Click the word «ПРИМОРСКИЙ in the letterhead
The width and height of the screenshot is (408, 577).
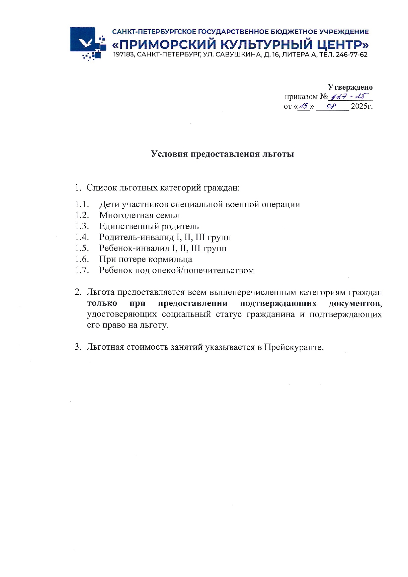pyautogui.click(x=164, y=44)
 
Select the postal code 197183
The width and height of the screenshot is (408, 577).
pyautogui.click(x=124, y=55)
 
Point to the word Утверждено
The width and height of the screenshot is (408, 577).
pyautogui.click(x=350, y=87)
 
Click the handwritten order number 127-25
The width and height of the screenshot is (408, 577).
pyautogui.click(x=349, y=97)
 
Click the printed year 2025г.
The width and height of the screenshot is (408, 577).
pyautogui.click(x=362, y=106)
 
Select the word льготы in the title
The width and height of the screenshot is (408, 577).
pyautogui.click(x=278, y=154)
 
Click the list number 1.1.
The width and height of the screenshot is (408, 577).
pyautogui.click(x=82, y=204)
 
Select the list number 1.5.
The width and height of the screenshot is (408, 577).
pyautogui.click(x=82, y=248)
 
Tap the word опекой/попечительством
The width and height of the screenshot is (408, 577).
pyautogui.click(x=203, y=270)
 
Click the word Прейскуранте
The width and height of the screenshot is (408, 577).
pyautogui.click(x=293, y=347)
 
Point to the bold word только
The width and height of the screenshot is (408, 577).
pyautogui.click(x=102, y=303)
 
